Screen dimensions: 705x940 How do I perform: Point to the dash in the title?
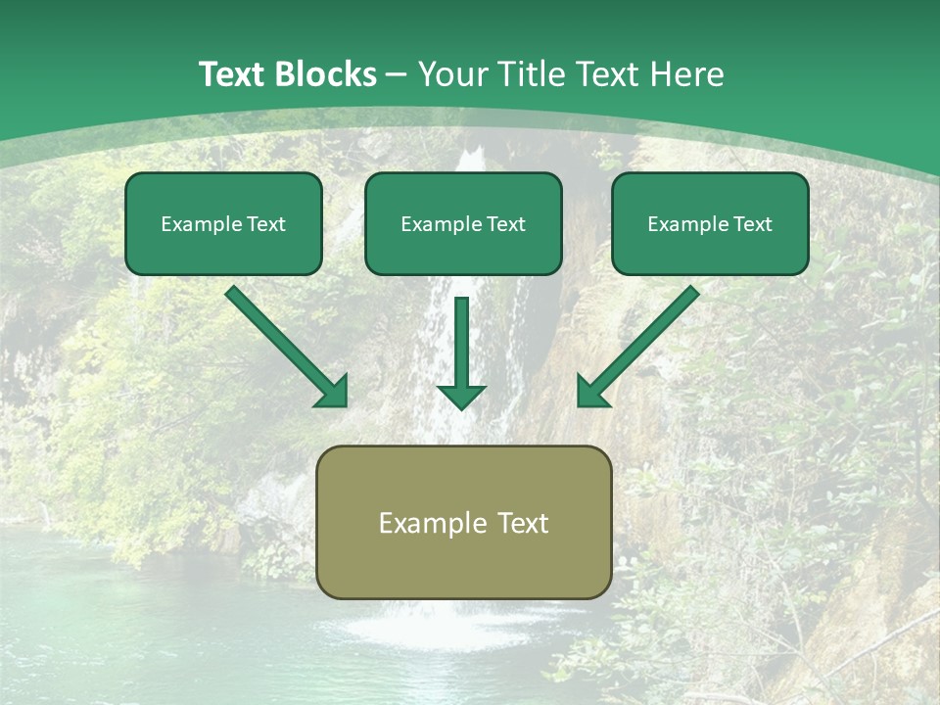click(x=397, y=75)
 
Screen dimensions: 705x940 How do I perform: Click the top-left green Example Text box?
click(x=223, y=224)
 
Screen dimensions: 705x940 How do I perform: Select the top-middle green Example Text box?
click(x=463, y=224)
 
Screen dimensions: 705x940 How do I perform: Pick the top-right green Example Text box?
click(x=710, y=224)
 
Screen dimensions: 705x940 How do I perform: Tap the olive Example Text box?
click(x=464, y=522)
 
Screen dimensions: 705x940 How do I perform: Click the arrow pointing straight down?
click(x=461, y=352)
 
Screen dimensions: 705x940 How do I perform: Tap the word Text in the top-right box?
click(x=752, y=224)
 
